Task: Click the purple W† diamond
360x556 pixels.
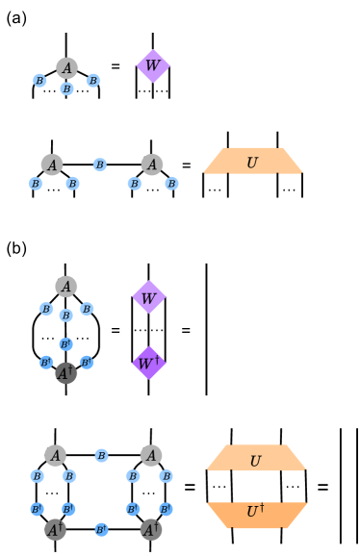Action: click(148, 364)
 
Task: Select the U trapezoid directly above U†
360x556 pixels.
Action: click(256, 459)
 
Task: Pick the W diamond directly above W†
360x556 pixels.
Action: click(148, 298)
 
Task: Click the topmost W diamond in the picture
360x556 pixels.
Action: click(152, 66)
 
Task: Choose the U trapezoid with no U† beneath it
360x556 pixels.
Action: click(253, 162)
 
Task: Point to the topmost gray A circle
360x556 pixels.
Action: click(66, 67)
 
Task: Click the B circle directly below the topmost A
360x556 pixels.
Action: click(66, 88)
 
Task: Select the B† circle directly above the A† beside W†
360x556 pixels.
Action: click(65, 344)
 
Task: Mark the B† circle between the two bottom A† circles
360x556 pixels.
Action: click(101, 529)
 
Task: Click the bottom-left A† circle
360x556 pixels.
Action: click(55, 529)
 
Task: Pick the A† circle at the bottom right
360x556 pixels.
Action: click(150, 529)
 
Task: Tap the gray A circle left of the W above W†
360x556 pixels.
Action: click(65, 287)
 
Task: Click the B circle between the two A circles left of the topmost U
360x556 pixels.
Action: click(100, 164)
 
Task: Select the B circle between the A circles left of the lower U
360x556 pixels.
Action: click(101, 455)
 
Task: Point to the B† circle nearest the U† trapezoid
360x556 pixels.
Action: click(166, 509)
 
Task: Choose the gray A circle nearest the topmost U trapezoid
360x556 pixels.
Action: click(151, 164)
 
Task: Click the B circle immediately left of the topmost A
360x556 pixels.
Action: click(39, 81)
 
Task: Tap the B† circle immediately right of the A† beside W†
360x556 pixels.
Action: click(87, 363)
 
